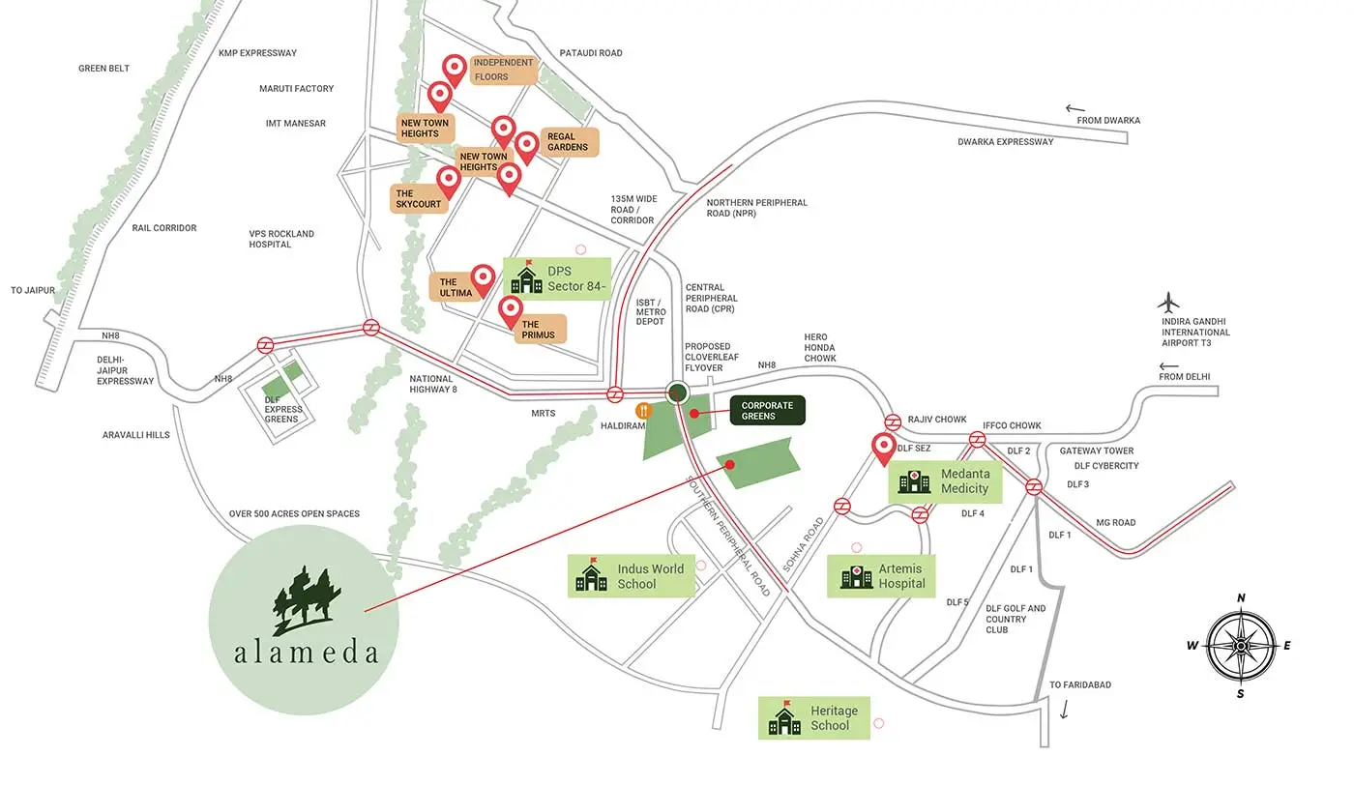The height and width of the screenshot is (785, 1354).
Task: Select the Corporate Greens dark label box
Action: pos(767,411)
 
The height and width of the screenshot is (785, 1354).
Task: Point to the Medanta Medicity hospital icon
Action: pos(914,480)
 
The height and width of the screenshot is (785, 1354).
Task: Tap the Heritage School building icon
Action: pos(784,718)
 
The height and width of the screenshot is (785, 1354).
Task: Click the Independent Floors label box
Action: pos(503,70)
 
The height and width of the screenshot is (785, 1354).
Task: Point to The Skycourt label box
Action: pos(419,198)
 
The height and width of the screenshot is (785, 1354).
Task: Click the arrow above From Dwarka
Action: pos(1074,109)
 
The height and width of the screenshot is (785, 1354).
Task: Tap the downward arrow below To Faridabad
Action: pos(1065,711)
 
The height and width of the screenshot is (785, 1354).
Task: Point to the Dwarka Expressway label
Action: pos(1005,142)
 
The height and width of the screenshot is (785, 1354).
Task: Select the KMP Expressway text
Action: pos(257,53)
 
